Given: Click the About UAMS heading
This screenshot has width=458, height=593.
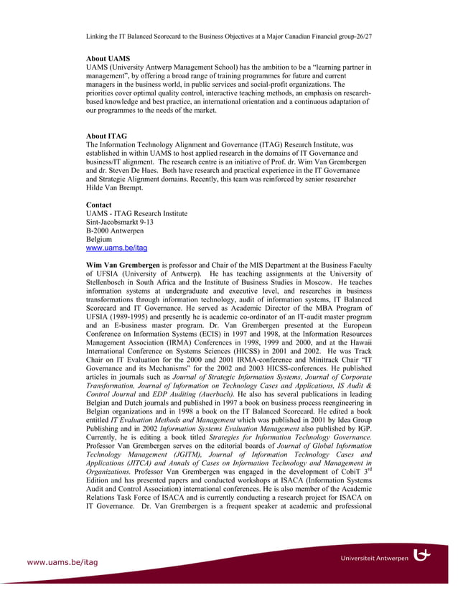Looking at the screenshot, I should (108, 58).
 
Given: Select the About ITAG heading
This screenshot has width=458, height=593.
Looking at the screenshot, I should (107, 136).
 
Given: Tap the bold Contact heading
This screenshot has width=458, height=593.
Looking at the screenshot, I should (98, 205).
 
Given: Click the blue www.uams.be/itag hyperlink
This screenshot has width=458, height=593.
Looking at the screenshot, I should (116, 248).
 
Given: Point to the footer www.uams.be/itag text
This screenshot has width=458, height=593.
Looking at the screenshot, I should (62, 562).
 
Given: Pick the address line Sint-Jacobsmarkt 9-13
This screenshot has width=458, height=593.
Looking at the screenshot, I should (119, 222).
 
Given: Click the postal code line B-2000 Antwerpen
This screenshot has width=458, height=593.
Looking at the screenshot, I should (115, 230).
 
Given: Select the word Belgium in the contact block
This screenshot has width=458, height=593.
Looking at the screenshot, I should (99, 239).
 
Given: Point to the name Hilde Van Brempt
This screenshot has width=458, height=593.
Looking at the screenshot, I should (114, 187).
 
